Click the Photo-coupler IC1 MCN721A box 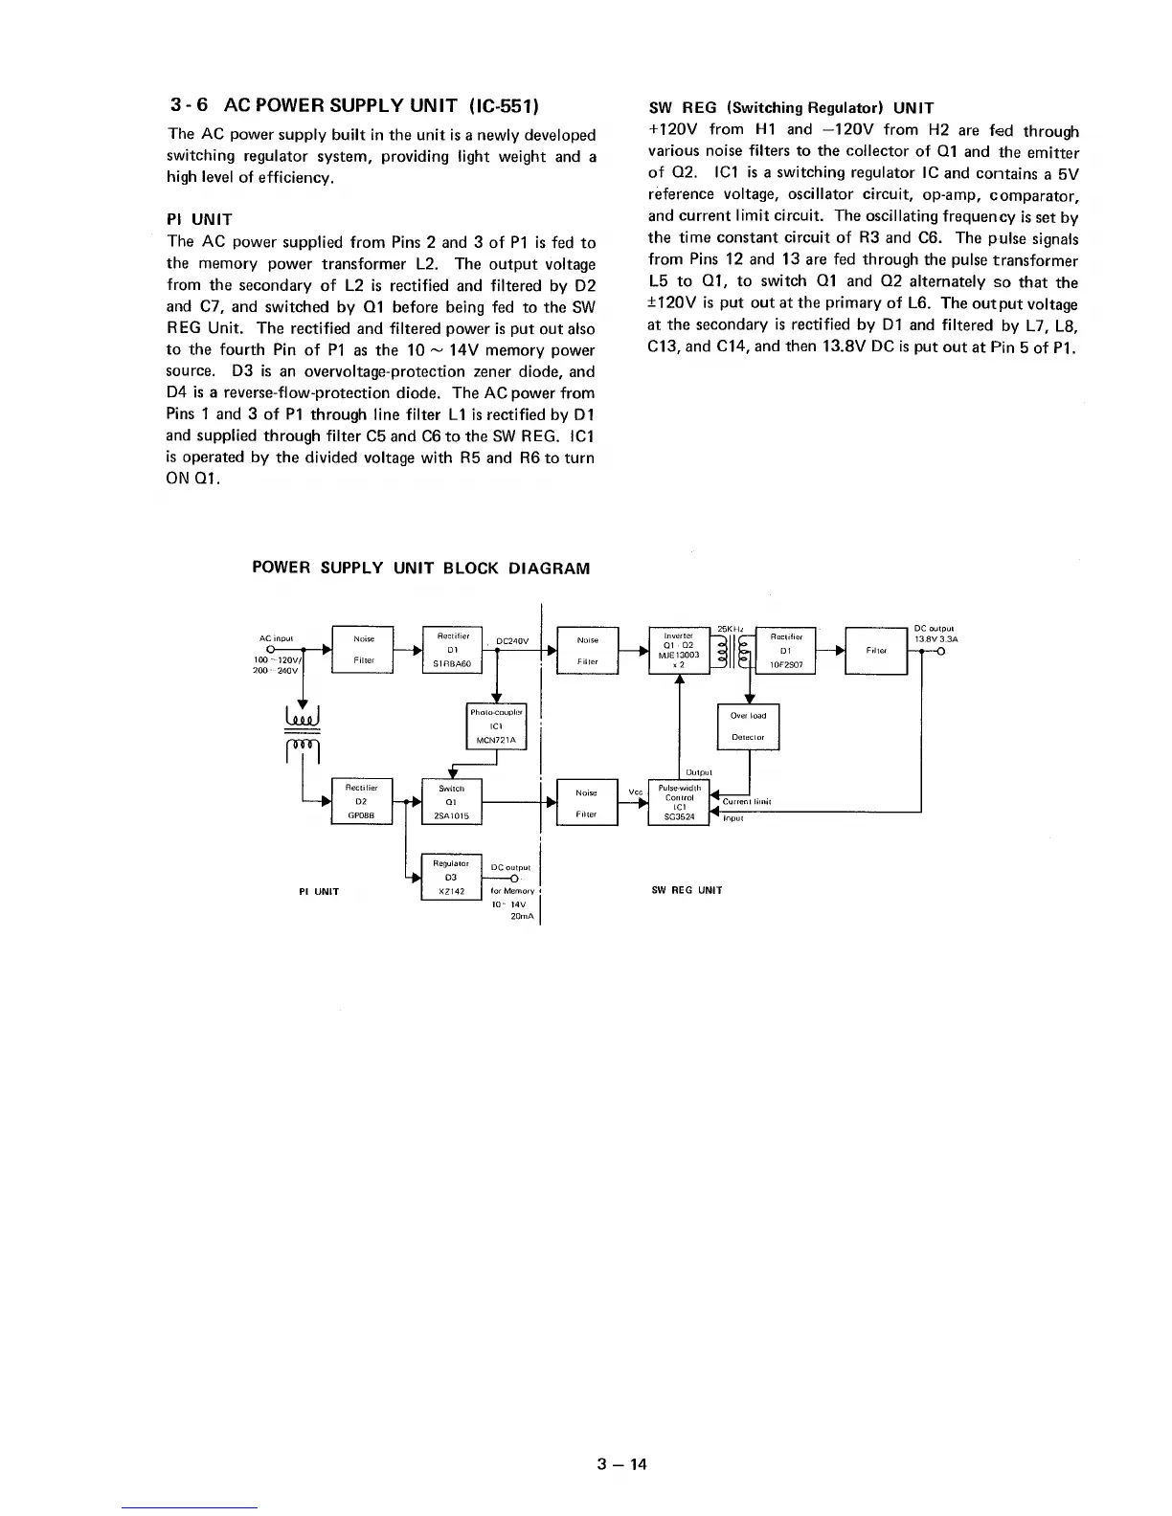coord(497,726)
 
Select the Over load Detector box coord(749,726)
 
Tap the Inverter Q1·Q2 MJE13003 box coord(679,650)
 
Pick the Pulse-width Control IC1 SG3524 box coord(679,802)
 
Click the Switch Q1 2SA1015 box coord(451,802)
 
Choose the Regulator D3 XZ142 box coord(451,878)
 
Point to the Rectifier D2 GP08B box coord(361,802)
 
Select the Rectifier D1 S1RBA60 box coord(451,650)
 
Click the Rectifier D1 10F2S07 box coord(785,650)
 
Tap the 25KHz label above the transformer coord(732,628)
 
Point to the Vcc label coord(635,791)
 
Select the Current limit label coord(747,802)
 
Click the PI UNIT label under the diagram coord(319,892)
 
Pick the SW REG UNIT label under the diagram coord(687,890)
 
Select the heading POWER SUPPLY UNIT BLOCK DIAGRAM coord(421,568)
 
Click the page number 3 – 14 coord(622,1463)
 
